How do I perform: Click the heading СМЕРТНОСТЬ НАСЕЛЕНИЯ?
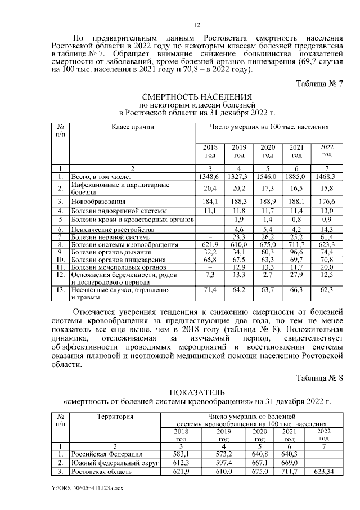pyautogui.click(x=197, y=97)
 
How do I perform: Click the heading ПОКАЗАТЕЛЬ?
pyautogui.click(x=197, y=392)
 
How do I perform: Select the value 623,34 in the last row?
pyautogui.click(x=324, y=472)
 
